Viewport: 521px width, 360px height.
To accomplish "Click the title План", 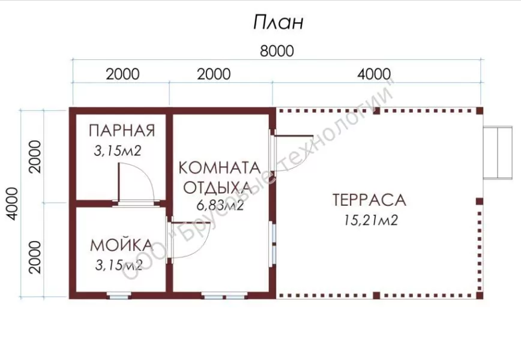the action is tap(278, 23).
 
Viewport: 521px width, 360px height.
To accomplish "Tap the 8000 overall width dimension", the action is tap(277, 51).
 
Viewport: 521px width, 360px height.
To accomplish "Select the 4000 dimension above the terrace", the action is tap(374, 74).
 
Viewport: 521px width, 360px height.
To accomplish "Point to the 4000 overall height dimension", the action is tap(12, 203).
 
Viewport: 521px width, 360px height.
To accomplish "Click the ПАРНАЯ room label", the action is tap(122, 131).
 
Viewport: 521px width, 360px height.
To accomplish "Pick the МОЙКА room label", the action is tap(121, 245).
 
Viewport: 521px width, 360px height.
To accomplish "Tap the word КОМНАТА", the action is tap(219, 168).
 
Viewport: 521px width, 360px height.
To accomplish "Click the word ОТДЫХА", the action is tap(218, 188).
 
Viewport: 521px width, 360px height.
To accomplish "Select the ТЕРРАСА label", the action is tap(369, 200).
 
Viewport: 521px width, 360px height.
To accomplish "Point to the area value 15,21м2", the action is tap(370, 220).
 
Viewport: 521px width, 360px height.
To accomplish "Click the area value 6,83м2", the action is tap(220, 206).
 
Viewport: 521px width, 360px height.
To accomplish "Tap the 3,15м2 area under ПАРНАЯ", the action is tap(118, 151).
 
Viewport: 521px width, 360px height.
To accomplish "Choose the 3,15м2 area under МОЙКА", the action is tap(119, 265).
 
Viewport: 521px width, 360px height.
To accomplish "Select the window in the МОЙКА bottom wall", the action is tap(119, 295).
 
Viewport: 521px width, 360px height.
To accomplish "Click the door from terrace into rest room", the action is tap(292, 152).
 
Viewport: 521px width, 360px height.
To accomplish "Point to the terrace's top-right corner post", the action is tap(480, 110).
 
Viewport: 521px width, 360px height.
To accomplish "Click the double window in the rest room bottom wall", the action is tap(224, 295).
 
